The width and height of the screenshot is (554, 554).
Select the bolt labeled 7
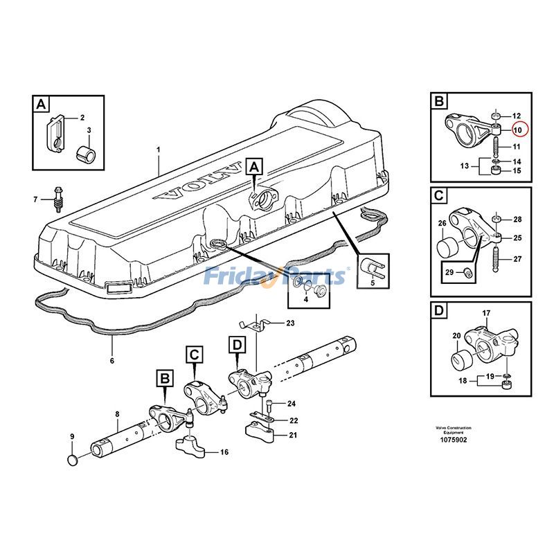[x=57, y=198]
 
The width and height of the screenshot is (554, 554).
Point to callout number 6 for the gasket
[x=111, y=361]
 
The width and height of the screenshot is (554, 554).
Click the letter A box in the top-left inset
[x=42, y=105]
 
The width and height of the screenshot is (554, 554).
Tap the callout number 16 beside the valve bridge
[x=224, y=452]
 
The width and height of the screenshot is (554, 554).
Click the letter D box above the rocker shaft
[x=236, y=344]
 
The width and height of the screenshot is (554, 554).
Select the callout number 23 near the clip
[x=289, y=323]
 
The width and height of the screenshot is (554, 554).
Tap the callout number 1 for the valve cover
[x=159, y=150]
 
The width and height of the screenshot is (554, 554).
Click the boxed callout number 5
[x=373, y=282]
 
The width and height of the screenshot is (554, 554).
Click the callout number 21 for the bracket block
[x=292, y=435]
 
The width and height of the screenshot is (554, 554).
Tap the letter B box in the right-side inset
[x=439, y=102]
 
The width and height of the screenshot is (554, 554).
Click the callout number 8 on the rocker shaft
[x=117, y=414]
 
